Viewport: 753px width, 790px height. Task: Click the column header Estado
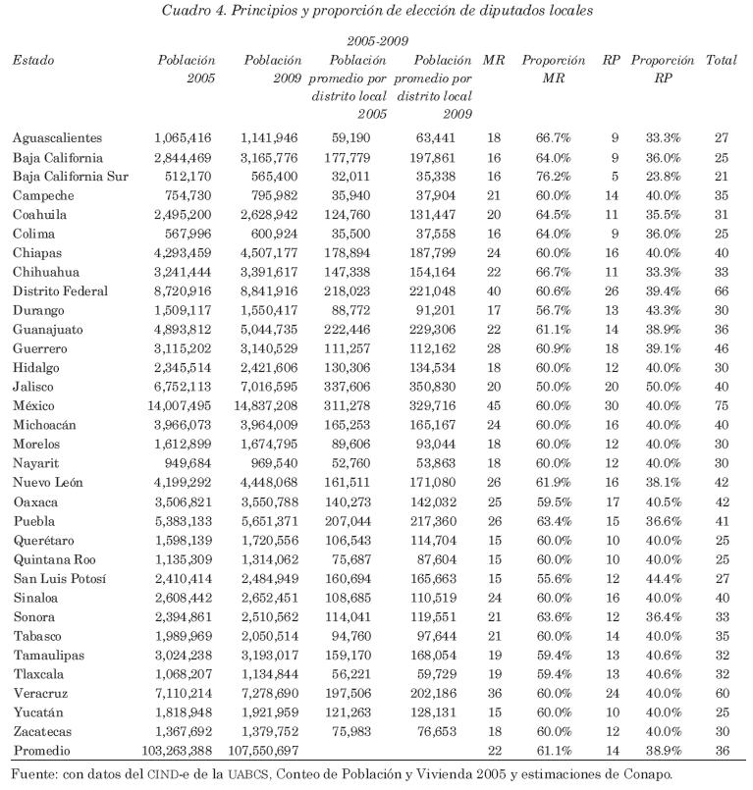[33, 61]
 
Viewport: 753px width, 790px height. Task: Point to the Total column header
[722, 61]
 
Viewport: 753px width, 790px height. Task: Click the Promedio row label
[42, 750]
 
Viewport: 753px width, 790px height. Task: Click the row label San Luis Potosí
[61, 577]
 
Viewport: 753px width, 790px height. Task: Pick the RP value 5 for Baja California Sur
[614, 176]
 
